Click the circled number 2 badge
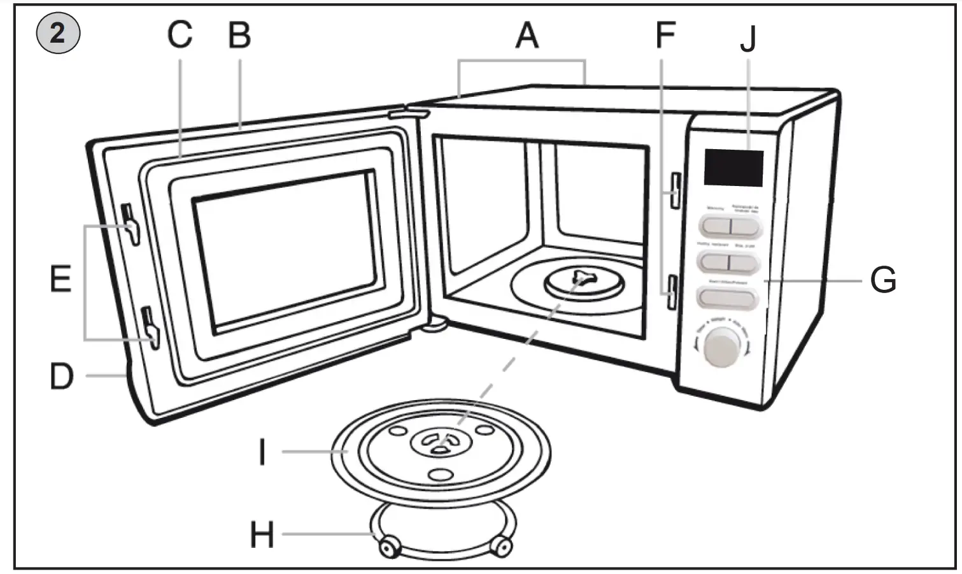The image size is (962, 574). pos(58,33)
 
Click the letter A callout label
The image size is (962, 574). pos(527,36)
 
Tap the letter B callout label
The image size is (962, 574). pos(239,36)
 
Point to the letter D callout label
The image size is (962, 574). pos(62,377)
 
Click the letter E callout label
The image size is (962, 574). pos(61,280)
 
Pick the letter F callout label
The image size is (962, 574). pos(665,36)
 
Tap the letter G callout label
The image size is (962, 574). pos(883,280)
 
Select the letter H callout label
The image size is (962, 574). pos(262,535)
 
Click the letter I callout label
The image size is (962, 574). pos(262,453)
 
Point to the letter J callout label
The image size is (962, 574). pos(748,39)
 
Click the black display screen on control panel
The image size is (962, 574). pos(733,168)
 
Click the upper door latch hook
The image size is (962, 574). pos(131,226)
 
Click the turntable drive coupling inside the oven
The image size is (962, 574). pos(581,278)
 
